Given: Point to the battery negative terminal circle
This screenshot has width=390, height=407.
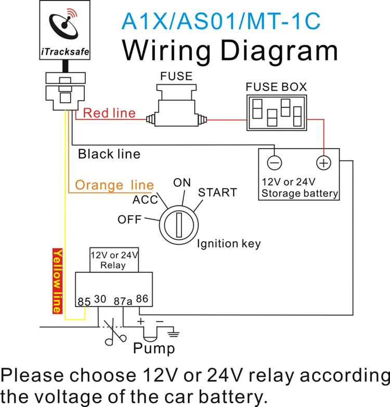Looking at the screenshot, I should tap(275, 163).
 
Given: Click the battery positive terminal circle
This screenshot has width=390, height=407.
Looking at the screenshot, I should tap(323, 163).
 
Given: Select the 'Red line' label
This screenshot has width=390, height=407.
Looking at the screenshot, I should tap(109, 113).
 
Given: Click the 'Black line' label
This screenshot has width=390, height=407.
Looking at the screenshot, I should tap(109, 154).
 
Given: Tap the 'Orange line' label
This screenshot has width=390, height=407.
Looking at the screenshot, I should tap(114, 185).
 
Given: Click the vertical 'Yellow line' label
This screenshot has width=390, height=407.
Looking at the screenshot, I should tap(58, 281).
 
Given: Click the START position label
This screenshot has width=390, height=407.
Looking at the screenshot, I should tap(217, 193).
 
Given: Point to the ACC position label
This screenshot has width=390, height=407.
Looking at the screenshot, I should tap(145, 201).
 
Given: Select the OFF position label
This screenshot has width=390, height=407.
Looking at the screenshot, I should tap(129, 219).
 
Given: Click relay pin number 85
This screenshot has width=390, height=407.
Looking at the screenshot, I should tap(84, 300).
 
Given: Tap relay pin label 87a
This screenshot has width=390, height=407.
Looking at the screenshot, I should tap(122, 300).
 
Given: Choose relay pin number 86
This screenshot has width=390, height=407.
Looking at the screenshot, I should tap(142, 299).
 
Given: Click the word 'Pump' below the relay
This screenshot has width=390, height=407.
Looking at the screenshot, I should tap(154, 348).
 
